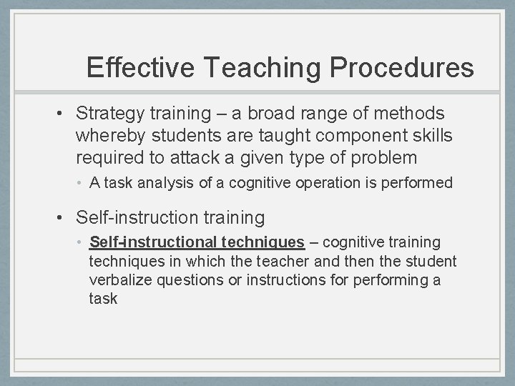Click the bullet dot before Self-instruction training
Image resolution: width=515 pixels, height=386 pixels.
pyautogui.click(x=64, y=217)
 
